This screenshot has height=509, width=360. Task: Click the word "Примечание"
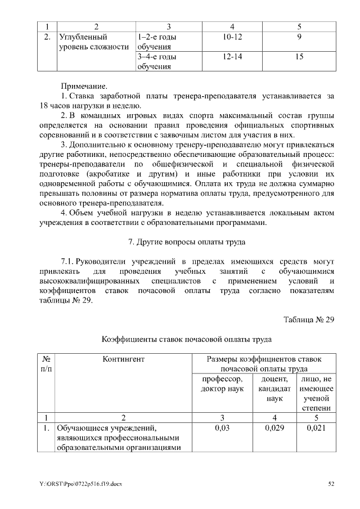tap(84, 86)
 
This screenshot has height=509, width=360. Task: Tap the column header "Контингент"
tap(123, 359)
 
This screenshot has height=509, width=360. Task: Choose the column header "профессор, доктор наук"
tap(222, 385)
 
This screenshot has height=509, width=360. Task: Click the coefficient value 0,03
tap(222, 429)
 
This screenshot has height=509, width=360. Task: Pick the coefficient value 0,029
tap(274, 429)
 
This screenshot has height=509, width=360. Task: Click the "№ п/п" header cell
tap(46, 363)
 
